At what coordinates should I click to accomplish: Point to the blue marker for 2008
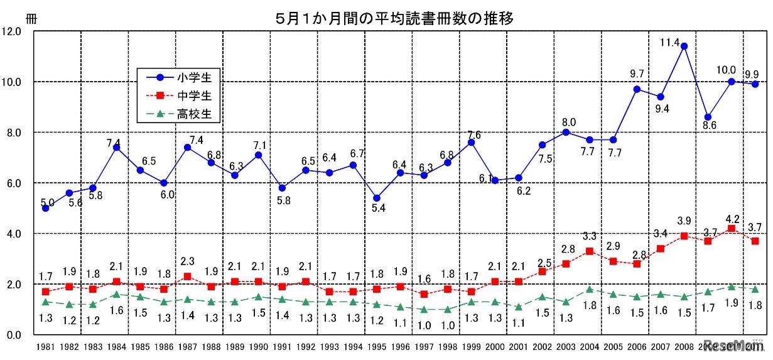[684, 46]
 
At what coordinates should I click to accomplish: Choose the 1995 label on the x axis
[376, 347]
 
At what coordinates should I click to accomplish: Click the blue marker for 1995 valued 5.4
[376, 198]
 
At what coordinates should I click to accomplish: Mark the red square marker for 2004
[589, 251]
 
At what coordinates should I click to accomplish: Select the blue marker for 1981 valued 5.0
[45, 208]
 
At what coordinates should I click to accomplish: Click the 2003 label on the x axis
[565, 347]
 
